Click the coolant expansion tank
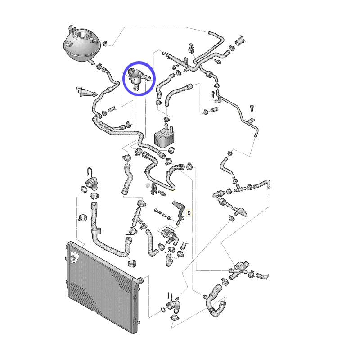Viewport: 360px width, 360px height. (81, 45)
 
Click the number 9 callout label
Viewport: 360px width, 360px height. (189, 213)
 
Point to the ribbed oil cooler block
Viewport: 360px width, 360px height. (164, 137)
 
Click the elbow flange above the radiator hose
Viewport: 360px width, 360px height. (92, 183)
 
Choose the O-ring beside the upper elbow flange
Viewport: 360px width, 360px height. (84, 189)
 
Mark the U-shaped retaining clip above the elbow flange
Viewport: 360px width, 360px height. (90, 172)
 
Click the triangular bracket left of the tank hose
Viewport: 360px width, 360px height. (85, 92)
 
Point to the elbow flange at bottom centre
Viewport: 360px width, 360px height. (174, 305)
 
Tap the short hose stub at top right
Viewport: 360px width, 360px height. (240, 40)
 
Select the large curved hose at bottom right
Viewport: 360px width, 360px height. (215, 301)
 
